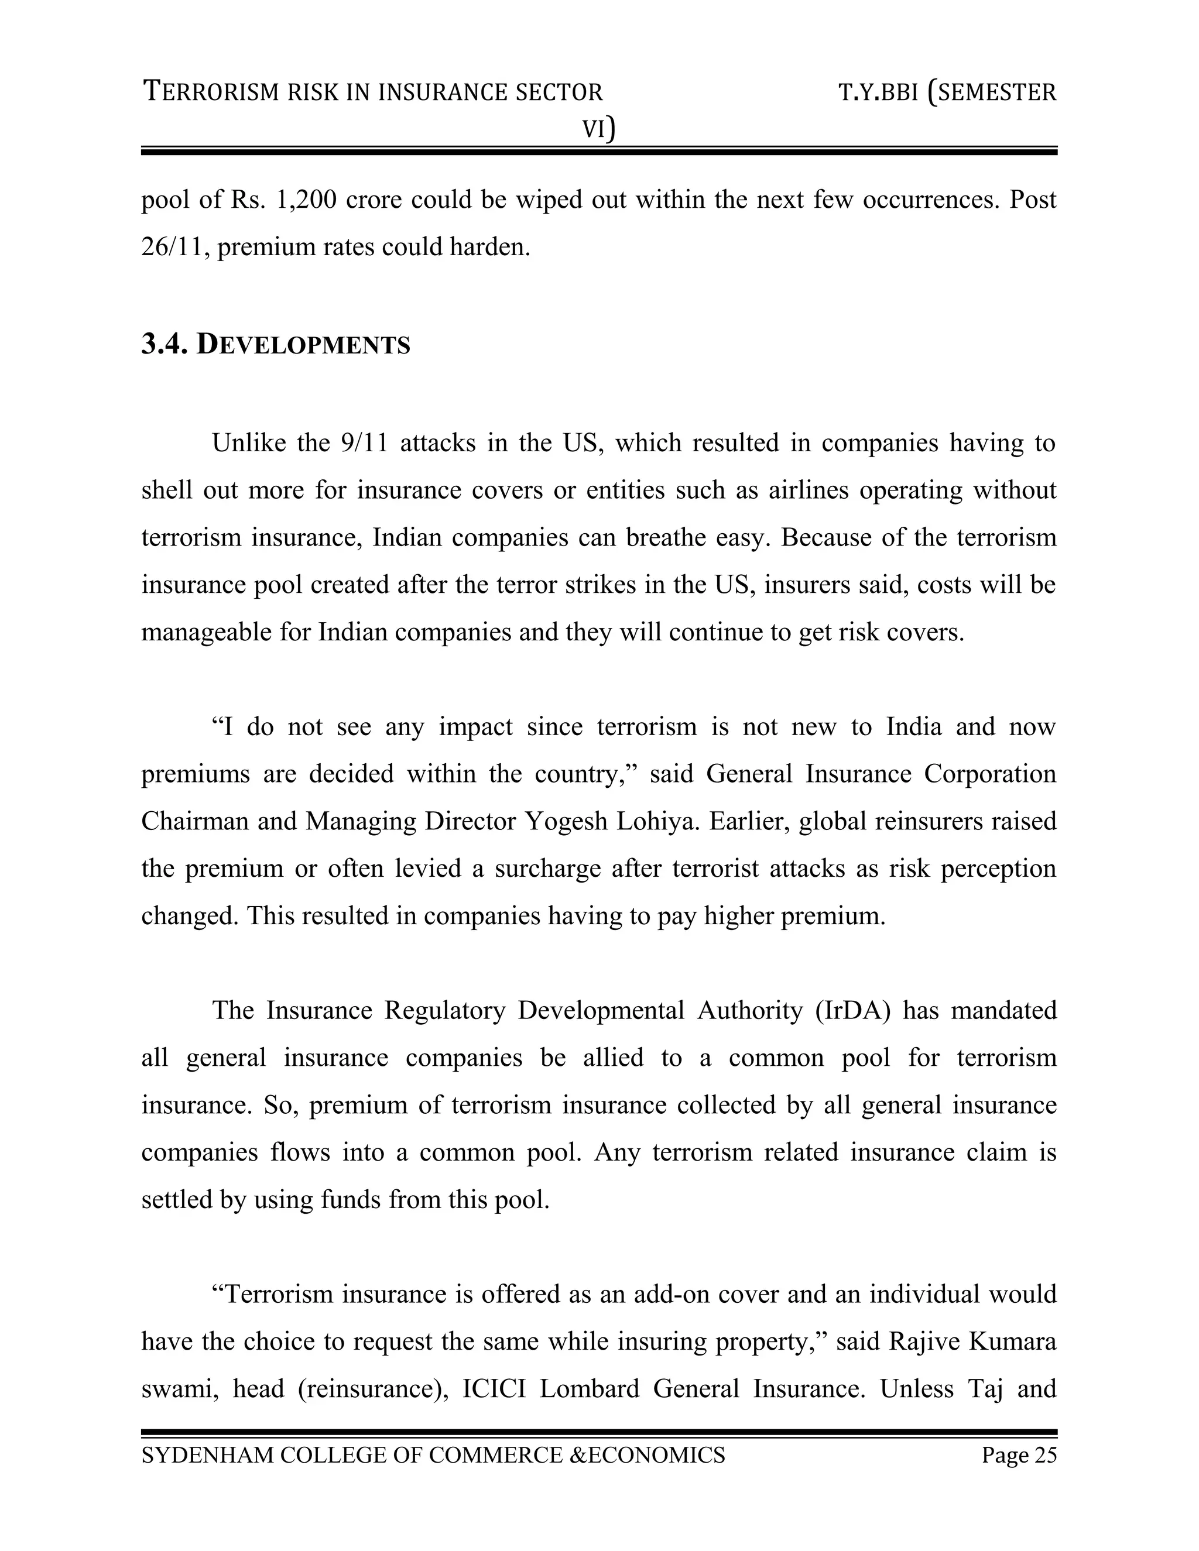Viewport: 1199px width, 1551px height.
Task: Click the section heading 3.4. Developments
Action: click(276, 345)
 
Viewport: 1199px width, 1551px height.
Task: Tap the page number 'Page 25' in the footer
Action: click(1019, 1455)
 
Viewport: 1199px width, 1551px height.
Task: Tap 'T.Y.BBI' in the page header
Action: click(878, 92)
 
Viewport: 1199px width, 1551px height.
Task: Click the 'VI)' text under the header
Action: click(599, 129)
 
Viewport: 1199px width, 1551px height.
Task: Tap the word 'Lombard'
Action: click(590, 1388)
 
